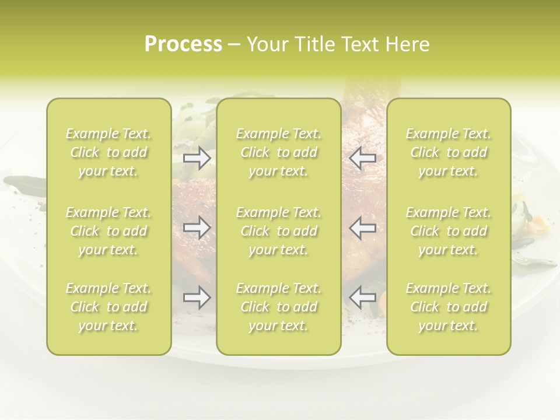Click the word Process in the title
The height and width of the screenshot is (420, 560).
[183, 44]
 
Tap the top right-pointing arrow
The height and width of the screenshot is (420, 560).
[197, 158]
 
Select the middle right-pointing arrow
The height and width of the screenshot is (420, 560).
[197, 228]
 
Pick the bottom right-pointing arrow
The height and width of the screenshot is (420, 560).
[197, 298]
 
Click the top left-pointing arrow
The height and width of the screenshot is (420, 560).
[362, 158]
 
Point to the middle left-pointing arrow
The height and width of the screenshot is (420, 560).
[362, 228]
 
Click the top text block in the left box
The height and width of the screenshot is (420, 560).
[108, 153]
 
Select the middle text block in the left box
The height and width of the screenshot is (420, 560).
[108, 231]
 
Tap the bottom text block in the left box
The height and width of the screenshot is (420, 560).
[108, 307]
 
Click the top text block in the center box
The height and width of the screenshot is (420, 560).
[278, 153]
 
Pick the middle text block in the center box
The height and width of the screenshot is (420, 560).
[278, 231]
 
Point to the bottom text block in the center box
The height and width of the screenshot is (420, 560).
[278, 307]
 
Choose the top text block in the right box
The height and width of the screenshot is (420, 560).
[449, 153]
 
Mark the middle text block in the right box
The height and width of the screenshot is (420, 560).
[449, 231]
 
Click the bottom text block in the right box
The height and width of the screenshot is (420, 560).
[449, 307]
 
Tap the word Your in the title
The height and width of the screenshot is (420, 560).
[267, 44]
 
